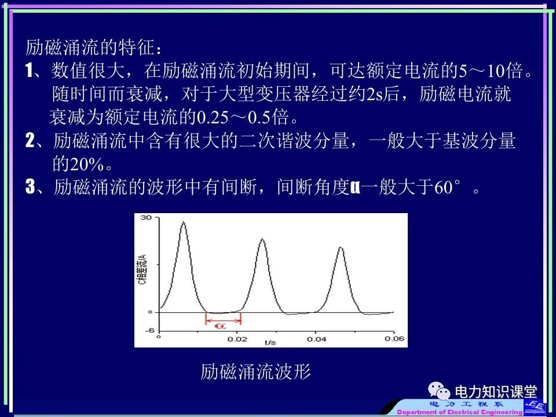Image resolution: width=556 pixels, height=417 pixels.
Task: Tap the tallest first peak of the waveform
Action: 183,222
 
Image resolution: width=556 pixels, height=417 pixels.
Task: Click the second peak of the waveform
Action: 262,239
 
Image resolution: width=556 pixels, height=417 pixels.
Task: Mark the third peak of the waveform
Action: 341,248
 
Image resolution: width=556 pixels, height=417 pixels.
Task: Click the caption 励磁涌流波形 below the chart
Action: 255,372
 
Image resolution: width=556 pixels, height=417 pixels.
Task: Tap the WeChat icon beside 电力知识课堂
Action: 439,392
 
